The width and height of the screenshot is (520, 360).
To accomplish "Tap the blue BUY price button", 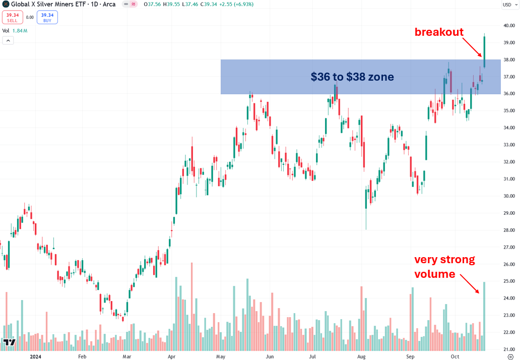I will point(47,17).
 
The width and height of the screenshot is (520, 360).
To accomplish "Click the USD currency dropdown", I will point(508,5).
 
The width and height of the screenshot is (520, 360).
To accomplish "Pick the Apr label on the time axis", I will point(172,356).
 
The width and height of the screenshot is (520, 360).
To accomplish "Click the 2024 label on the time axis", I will point(36,356).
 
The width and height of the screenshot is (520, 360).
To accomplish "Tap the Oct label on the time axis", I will point(455,356).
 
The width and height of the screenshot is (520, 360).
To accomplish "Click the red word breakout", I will point(438,32).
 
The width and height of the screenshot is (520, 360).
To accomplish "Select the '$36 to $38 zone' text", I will point(352,77).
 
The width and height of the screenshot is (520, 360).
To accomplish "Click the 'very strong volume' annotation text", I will point(443,267).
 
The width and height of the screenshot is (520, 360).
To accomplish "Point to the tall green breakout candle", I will point(484,50).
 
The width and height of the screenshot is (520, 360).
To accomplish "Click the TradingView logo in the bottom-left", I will point(9,342).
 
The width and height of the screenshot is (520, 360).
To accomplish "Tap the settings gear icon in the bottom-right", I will point(510,356).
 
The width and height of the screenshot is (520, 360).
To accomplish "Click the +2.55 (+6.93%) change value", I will point(236,5).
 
